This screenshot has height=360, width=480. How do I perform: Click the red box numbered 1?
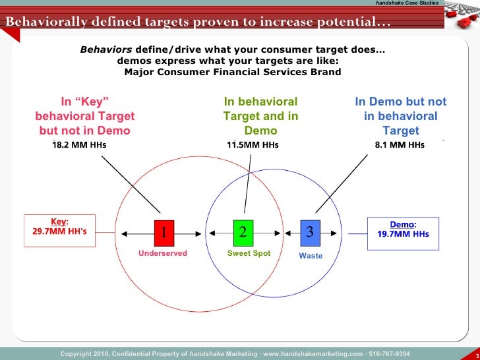click(164, 231)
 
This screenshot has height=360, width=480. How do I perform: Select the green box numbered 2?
click(243, 231)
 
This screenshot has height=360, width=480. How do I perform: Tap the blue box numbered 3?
click(310, 231)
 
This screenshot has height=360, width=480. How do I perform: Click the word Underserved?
click(163, 253)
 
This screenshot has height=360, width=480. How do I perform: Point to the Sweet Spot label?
click(249, 253)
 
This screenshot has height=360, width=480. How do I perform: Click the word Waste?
click(311, 255)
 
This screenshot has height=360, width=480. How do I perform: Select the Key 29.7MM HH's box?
click(60, 228)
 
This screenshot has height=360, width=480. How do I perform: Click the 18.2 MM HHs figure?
click(79, 145)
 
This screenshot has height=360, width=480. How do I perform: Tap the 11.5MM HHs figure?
click(253, 145)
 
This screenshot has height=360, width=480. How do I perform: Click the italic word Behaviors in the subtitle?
click(106, 49)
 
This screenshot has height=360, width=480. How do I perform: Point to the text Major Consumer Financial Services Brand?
click(232, 71)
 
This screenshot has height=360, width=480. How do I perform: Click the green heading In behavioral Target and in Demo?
click(260, 116)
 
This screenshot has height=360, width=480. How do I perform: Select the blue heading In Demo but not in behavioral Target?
click(400, 116)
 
